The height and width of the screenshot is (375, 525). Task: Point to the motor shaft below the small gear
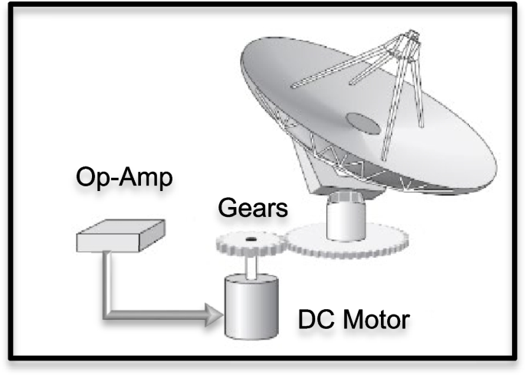click(250, 267)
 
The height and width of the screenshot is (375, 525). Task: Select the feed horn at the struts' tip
click(412, 38)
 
